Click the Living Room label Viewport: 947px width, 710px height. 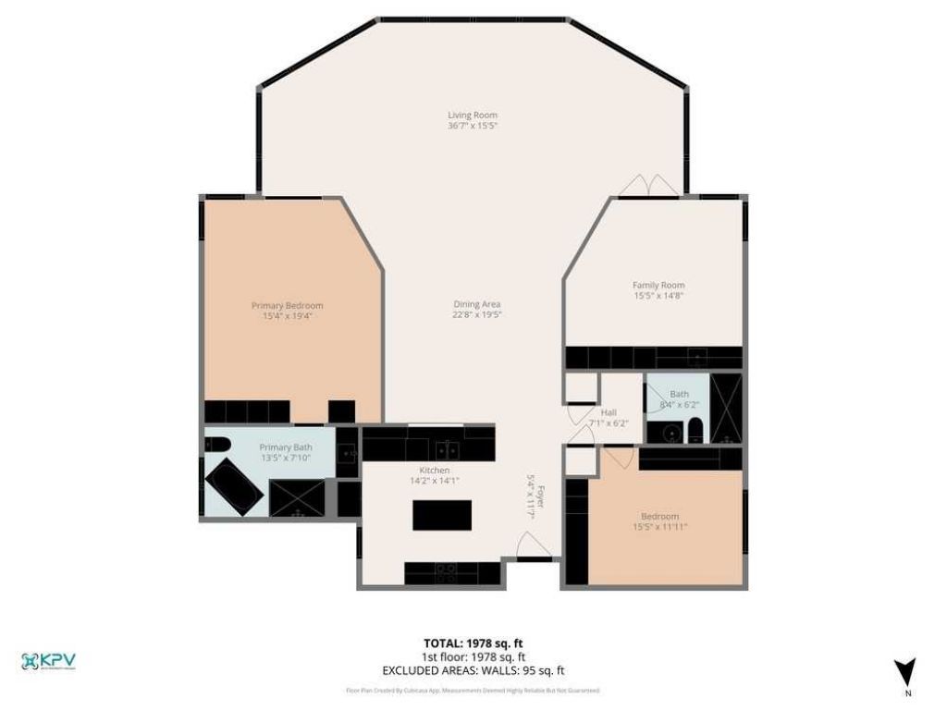point(473,116)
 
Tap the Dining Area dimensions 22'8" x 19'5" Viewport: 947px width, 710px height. point(476,314)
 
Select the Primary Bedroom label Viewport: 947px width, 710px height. point(288,306)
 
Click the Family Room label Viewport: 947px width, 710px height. point(658,286)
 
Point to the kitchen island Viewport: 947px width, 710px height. point(441,514)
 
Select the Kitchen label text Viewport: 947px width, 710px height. point(434,471)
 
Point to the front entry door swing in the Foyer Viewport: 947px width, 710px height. point(534,546)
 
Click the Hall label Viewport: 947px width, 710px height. point(609,412)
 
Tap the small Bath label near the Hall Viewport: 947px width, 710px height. point(679,394)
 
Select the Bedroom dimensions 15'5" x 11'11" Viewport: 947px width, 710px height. point(659,527)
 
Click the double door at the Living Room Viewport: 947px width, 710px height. point(648,186)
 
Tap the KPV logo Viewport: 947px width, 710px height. point(48,662)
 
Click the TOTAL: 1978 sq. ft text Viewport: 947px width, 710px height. point(473,643)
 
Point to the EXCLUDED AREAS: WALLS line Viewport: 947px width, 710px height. point(473,670)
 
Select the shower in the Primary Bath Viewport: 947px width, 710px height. point(296,498)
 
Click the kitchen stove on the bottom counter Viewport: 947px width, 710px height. point(446,573)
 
